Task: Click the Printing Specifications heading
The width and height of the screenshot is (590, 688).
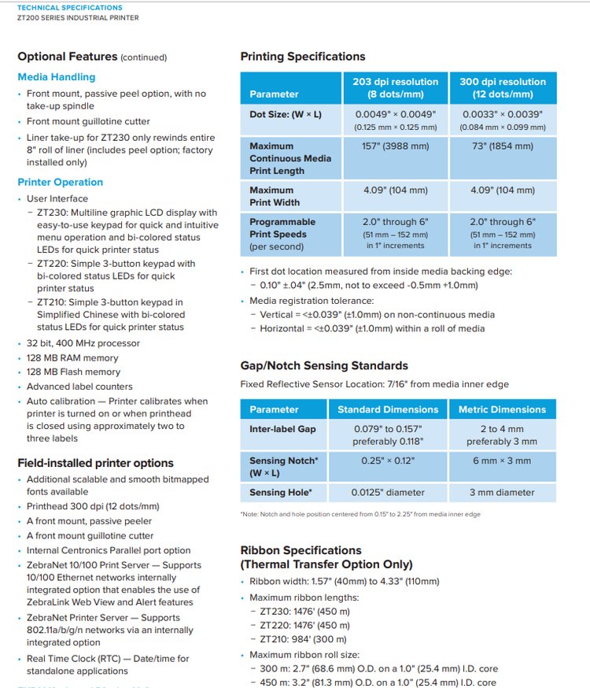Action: (x=302, y=57)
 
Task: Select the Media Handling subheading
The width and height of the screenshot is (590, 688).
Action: (x=56, y=77)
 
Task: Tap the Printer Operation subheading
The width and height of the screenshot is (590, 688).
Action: (x=60, y=182)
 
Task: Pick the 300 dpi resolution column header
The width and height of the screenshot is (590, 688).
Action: (x=503, y=87)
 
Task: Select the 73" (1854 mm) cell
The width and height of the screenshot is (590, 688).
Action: (x=503, y=146)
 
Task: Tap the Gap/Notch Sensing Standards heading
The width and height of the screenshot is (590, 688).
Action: (x=324, y=365)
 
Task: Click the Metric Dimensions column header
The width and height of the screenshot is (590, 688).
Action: (x=502, y=409)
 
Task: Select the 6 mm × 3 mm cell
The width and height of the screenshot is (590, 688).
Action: (x=502, y=461)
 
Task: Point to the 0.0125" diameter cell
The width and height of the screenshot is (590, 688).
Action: (x=388, y=493)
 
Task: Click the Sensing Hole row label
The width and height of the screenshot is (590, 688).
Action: (x=281, y=493)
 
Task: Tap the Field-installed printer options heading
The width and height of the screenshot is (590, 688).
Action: (x=95, y=463)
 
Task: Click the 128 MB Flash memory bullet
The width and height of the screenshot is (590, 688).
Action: (x=73, y=372)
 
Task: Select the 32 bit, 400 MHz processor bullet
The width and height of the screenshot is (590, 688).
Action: (x=83, y=343)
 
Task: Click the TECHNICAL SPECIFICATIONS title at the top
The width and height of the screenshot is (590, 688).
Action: (x=69, y=8)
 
